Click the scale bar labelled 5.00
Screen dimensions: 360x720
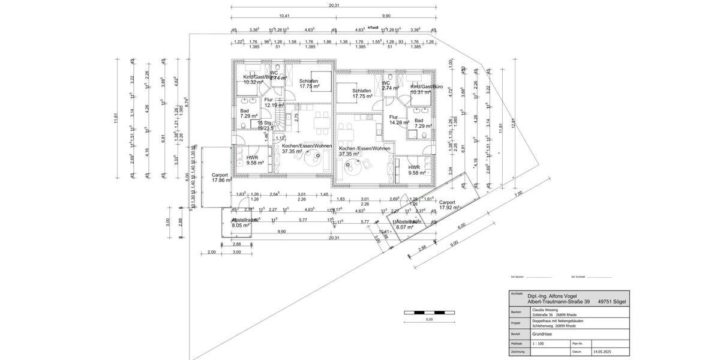coord(428,313)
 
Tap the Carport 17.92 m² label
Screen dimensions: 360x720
coord(449,205)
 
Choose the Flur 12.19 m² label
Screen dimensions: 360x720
coord(274,103)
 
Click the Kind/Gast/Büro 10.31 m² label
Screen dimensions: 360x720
coord(427,89)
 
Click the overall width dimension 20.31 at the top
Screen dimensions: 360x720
coord(334,5)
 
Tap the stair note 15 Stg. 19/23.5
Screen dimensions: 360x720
coord(265,125)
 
